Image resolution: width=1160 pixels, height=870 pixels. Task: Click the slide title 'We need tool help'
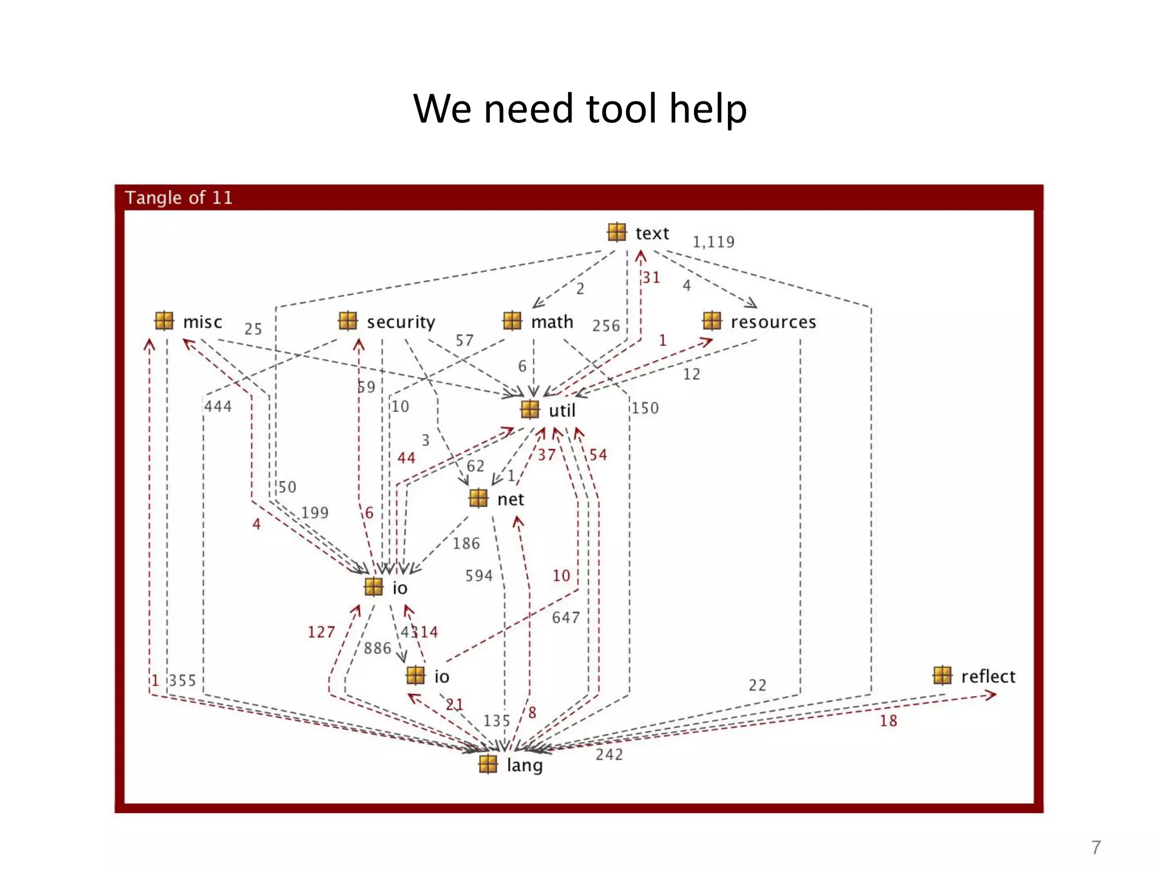coord(580,109)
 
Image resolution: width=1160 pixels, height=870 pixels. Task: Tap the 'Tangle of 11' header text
coord(178,198)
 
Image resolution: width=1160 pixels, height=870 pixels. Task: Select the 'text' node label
coord(652,233)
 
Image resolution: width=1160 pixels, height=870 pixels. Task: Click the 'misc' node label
coord(202,322)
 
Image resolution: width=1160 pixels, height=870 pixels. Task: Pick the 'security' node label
coord(400,322)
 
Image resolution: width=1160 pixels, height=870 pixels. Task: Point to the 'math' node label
coord(552,322)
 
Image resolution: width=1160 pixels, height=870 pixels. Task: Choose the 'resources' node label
coord(773,322)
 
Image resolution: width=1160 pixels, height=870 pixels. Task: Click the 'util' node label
coord(561,411)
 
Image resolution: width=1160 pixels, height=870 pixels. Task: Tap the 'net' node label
coord(510,500)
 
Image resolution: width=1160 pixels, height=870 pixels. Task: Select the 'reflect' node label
coord(988,676)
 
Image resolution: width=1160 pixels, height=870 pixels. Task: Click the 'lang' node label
coord(524,765)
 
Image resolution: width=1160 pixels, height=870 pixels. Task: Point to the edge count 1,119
coord(713,242)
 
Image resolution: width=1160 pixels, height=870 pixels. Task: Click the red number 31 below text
coord(651,278)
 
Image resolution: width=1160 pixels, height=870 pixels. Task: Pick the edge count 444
coord(218,407)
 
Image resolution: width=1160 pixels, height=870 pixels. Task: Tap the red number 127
coord(321,632)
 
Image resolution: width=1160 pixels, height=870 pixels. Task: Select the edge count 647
coord(566,617)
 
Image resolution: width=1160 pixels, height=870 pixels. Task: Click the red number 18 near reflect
coord(888,721)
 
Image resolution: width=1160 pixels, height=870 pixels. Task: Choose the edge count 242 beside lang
coord(609,754)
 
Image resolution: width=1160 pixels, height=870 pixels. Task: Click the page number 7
coord(1096,847)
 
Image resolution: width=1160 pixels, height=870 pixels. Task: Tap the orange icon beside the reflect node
coord(942,676)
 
